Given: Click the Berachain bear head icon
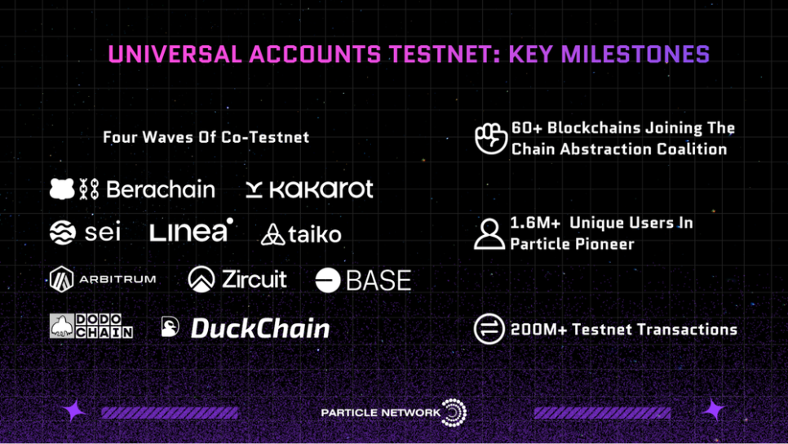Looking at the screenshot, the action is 62,189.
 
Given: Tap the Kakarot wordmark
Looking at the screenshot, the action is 321,189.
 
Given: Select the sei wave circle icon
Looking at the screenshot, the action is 63,233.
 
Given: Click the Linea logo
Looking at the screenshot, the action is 192,230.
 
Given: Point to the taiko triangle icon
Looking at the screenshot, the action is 273,235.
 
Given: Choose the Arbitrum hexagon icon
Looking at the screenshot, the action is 62,279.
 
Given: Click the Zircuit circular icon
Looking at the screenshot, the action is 201,279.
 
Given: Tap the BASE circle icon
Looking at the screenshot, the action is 328,280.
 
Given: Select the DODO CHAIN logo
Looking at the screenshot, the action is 91,326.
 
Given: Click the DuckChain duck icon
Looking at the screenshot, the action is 170,326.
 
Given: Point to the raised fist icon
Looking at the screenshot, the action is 490,138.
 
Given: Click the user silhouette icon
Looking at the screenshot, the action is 489,233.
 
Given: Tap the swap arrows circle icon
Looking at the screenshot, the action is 489,329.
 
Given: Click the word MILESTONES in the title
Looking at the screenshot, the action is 635,55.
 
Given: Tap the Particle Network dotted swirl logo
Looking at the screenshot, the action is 454,413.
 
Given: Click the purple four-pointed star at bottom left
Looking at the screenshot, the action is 75,411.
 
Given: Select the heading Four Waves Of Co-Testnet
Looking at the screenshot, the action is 206,137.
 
